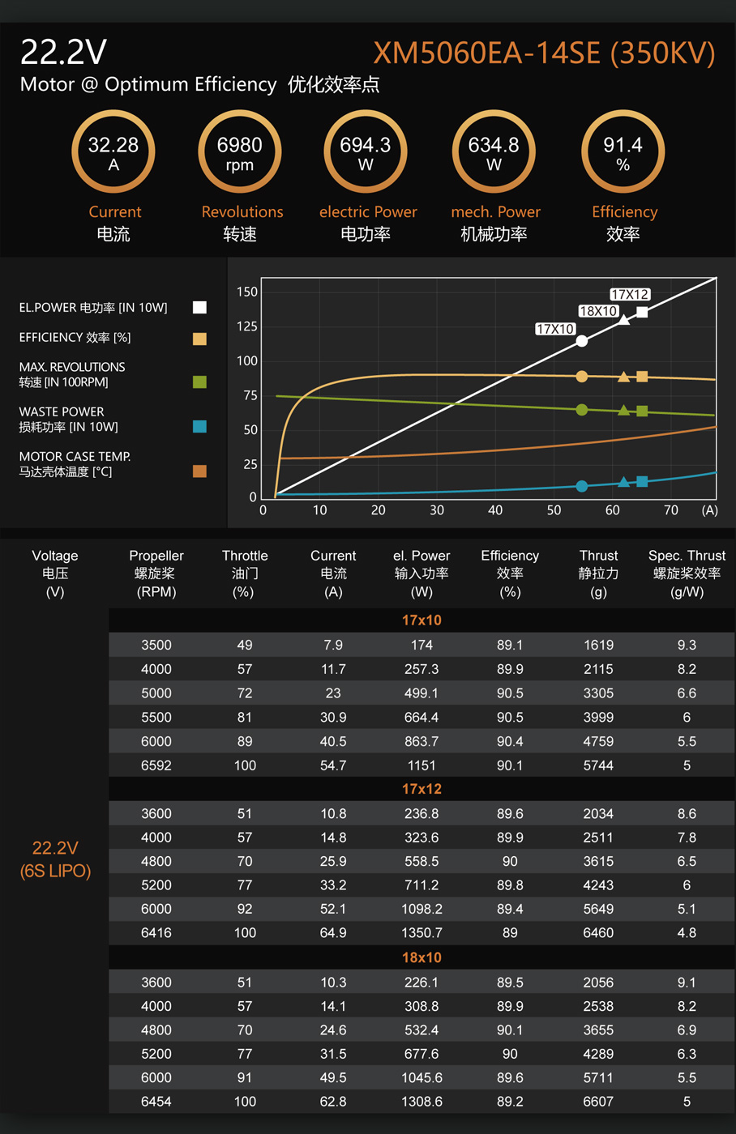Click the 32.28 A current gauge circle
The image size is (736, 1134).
pyautogui.click(x=113, y=152)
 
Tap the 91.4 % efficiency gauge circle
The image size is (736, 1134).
pyautogui.click(x=623, y=152)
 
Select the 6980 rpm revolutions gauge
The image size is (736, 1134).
pyautogui.click(x=240, y=152)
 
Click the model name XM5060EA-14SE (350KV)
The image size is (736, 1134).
pyautogui.click(x=544, y=53)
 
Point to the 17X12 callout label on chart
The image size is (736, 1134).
pyautogui.click(x=630, y=294)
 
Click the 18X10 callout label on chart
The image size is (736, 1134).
pyautogui.click(x=598, y=311)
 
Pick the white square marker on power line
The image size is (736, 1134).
pyautogui.click(x=642, y=312)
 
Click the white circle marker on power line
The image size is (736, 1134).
pyautogui.click(x=581, y=341)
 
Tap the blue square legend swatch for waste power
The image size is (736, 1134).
pyautogui.click(x=199, y=426)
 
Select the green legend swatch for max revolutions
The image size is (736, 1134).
pyautogui.click(x=199, y=382)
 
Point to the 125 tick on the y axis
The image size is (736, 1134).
pyautogui.click(x=246, y=326)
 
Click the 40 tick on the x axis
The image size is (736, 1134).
pyautogui.click(x=495, y=510)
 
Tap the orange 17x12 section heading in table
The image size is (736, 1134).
pyautogui.click(x=421, y=789)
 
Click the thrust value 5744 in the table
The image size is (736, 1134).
pyautogui.click(x=598, y=765)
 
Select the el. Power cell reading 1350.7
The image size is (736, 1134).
pyautogui.click(x=421, y=933)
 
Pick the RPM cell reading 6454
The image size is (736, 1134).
pyautogui.click(x=156, y=1102)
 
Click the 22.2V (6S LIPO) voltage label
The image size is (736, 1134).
pyautogui.click(x=55, y=859)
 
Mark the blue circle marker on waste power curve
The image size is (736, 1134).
pyautogui.click(x=581, y=486)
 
